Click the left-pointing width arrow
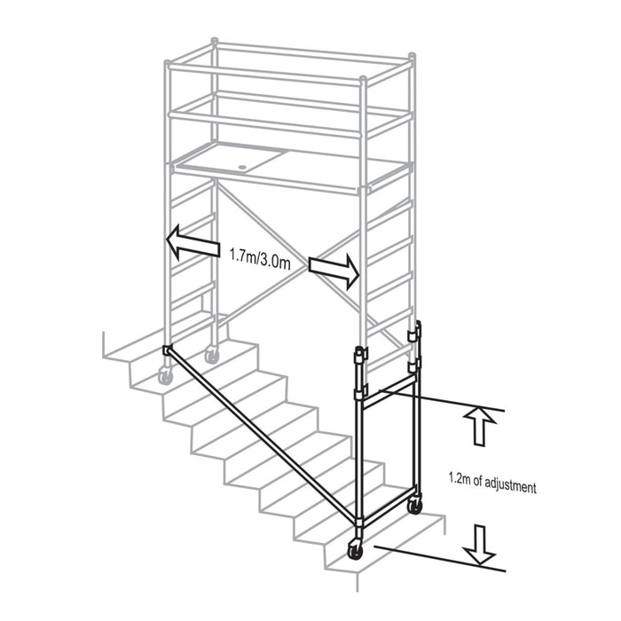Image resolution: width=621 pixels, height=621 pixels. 193,243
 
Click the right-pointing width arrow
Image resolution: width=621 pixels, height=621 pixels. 334,271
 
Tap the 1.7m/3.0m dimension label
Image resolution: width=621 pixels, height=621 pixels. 260,259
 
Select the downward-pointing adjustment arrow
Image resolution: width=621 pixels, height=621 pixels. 480,545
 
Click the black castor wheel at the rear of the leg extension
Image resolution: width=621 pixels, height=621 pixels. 414,506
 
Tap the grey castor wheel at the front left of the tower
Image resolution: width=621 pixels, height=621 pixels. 165,374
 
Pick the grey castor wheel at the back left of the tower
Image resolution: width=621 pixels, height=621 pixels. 212,354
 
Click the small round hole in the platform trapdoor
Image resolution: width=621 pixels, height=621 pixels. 242,167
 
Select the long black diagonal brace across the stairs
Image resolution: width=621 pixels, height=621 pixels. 263,435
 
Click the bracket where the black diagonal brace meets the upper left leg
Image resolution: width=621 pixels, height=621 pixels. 167,350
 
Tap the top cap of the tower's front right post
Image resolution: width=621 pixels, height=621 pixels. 362,81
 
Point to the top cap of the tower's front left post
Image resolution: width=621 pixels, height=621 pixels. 168,63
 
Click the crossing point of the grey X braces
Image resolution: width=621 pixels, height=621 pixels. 307,266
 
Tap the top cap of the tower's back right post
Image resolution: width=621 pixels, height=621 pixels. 412,56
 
